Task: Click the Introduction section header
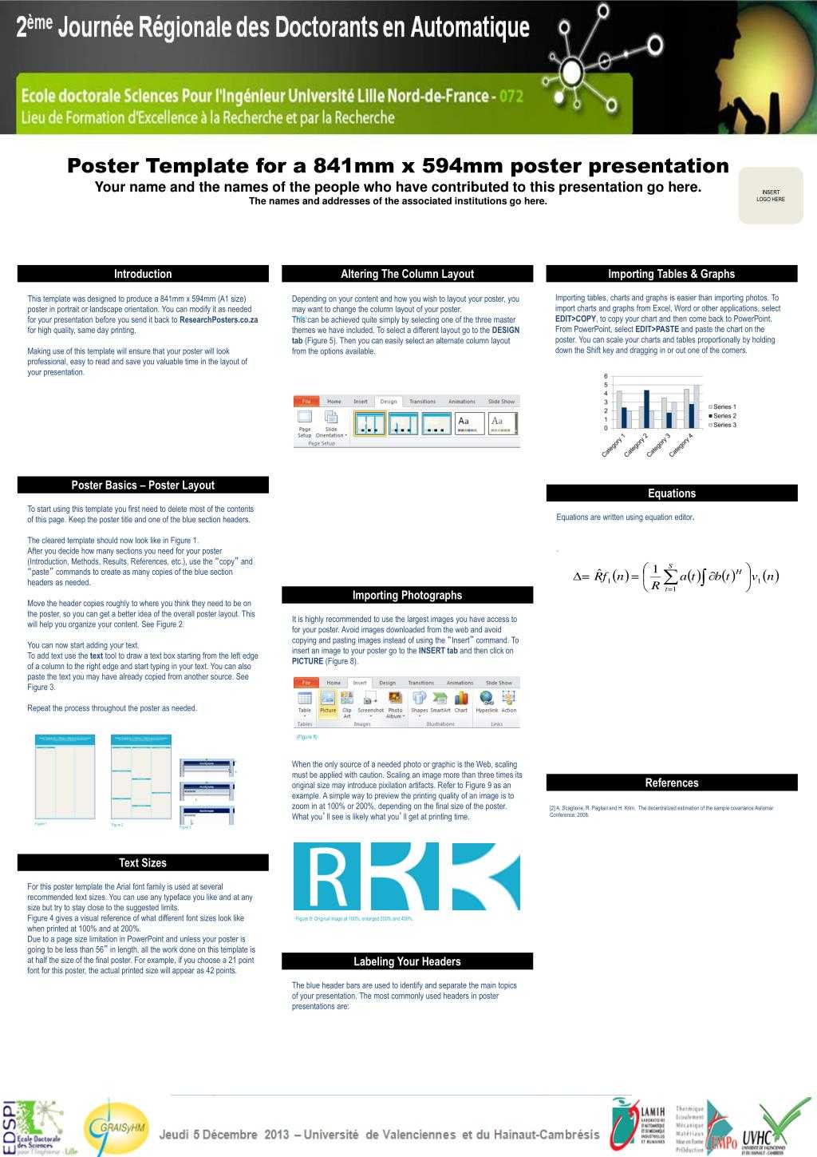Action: pyautogui.click(x=143, y=274)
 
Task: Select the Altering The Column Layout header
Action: pyautogui.click(x=407, y=274)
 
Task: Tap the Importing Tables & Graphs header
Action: pyautogui.click(x=671, y=274)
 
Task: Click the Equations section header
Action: pyautogui.click(x=671, y=493)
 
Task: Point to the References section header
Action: pyautogui.click(x=671, y=783)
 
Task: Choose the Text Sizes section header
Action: pyautogui.click(x=143, y=862)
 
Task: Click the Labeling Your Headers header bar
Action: pyautogui.click(x=407, y=961)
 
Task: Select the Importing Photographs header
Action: pyautogui.click(x=407, y=595)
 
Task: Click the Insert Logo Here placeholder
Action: pyautogui.click(x=771, y=196)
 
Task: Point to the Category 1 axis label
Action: pyautogui.click(x=614, y=446)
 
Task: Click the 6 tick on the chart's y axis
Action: pyautogui.click(x=606, y=376)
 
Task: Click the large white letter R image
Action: pyautogui.click(x=326, y=876)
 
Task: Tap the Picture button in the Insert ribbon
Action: pyautogui.click(x=328, y=702)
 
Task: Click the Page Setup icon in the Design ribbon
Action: pyautogui.click(x=305, y=422)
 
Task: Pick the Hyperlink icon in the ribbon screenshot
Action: pyautogui.click(x=486, y=702)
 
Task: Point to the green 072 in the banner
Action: pyautogui.click(x=511, y=97)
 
